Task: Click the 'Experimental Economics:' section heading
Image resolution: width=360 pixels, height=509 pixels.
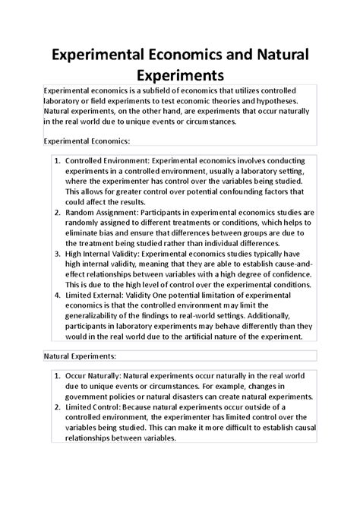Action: [x=87, y=141]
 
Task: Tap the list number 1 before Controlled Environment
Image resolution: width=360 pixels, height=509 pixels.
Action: [x=58, y=162]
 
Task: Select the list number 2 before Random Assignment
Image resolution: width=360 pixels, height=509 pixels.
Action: [x=58, y=215]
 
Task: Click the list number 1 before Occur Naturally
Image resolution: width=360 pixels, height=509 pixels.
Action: [x=58, y=397]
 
